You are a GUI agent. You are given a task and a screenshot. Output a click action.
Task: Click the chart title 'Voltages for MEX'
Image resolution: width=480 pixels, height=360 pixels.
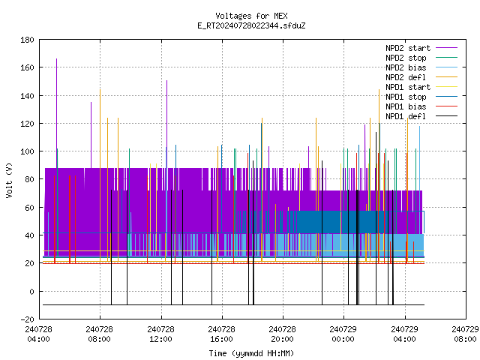[251, 16]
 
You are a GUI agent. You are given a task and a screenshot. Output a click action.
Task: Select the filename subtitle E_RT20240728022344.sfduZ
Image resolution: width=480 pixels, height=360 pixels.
[251, 25]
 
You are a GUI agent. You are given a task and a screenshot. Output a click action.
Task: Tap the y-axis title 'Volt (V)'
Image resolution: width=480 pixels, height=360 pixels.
[9, 180]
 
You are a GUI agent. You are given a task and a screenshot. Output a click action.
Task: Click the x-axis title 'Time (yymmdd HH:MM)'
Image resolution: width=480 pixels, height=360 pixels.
[251, 353]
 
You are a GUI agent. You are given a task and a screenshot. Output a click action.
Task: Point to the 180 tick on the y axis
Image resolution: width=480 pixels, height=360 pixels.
[27, 40]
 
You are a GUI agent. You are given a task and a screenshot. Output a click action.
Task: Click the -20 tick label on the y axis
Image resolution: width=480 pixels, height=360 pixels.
[27, 319]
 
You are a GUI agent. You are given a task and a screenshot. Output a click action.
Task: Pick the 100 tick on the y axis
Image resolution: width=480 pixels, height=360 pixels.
[27, 151]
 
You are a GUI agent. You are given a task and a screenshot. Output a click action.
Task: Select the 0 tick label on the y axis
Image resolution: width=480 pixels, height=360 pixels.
[31, 292]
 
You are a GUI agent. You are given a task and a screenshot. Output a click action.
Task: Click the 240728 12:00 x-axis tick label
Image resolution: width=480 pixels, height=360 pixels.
[160, 334]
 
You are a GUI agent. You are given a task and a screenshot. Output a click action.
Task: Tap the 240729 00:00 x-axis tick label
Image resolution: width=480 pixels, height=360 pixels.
[343, 334]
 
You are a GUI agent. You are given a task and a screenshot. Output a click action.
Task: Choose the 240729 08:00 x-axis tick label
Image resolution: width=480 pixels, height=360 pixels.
[465, 334]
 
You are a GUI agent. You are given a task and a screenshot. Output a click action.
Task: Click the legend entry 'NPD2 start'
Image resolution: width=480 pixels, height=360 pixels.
[421, 48]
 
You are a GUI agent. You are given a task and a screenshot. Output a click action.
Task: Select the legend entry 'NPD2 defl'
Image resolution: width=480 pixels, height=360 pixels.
[421, 77]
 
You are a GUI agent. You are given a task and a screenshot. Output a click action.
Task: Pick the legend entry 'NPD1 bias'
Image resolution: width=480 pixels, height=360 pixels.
[421, 106]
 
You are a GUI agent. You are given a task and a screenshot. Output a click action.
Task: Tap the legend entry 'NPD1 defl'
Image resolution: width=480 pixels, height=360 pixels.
[421, 116]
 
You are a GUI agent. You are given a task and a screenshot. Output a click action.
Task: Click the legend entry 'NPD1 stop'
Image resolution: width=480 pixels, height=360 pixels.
[421, 97]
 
